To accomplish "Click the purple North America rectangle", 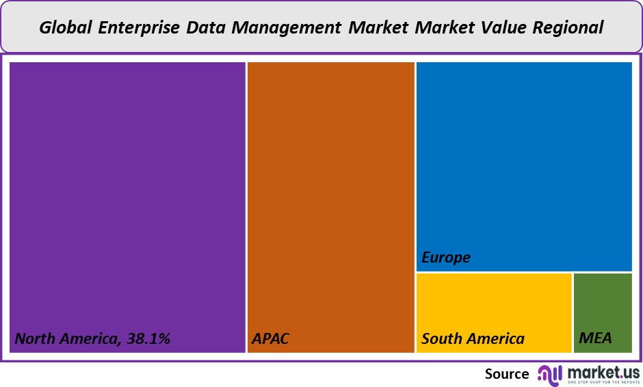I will tap(127, 198).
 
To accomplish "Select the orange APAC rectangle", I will tap(330, 198).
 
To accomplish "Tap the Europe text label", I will tap(446, 258).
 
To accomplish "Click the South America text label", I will tap(473, 338).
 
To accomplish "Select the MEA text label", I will tap(595, 338).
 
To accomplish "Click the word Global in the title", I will tap(66, 27).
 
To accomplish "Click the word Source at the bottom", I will tap(507, 373).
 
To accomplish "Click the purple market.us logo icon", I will tap(550, 373).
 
